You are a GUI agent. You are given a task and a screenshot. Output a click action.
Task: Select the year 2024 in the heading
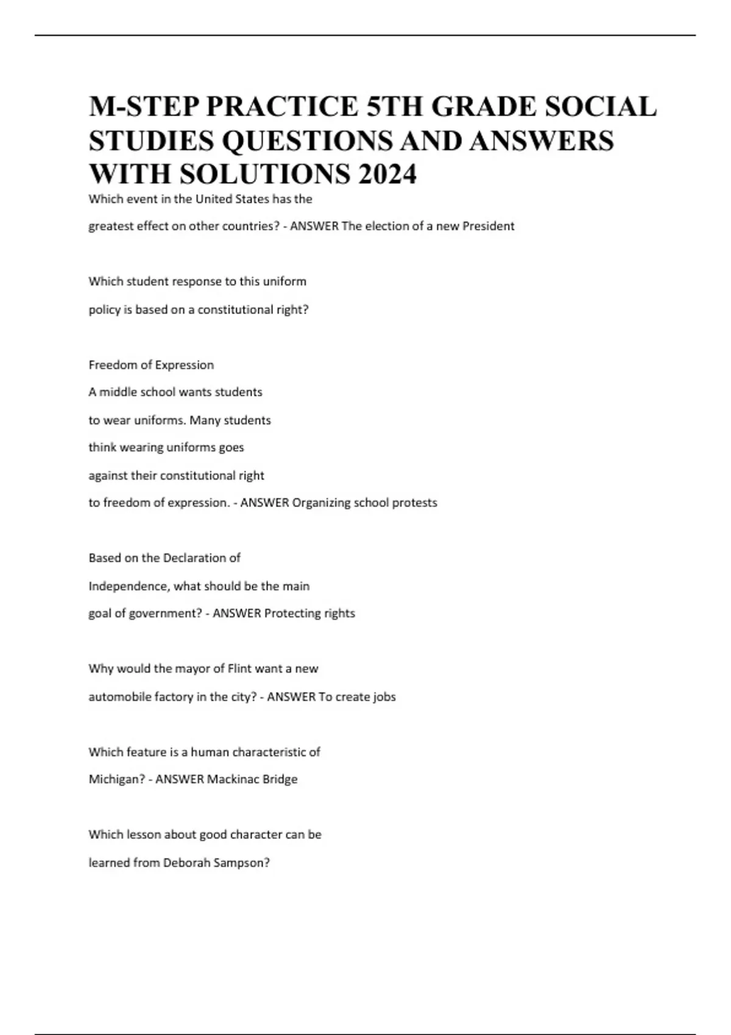click(x=387, y=175)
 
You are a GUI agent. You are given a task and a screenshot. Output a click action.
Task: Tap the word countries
click(x=246, y=226)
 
